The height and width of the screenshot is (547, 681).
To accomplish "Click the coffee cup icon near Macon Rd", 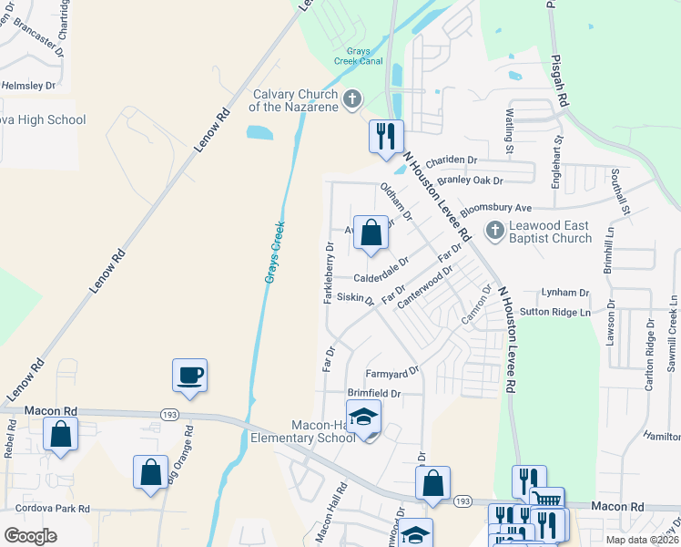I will click(189, 376).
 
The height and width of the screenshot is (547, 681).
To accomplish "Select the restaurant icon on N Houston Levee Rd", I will click(386, 136).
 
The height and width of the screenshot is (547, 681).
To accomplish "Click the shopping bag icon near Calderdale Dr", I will click(371, 232).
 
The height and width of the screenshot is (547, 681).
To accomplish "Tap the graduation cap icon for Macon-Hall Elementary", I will click(364, 418).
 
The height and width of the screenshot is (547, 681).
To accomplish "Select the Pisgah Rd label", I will click(564, 83).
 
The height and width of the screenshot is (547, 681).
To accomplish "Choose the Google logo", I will click(31, 536).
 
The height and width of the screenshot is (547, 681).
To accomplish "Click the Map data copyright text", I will click(642, 540).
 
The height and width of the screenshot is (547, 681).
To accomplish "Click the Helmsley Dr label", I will click(28, 86).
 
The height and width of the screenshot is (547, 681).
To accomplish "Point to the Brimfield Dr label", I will click(373, 393).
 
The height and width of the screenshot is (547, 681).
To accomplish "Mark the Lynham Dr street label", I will click(566, 293).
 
